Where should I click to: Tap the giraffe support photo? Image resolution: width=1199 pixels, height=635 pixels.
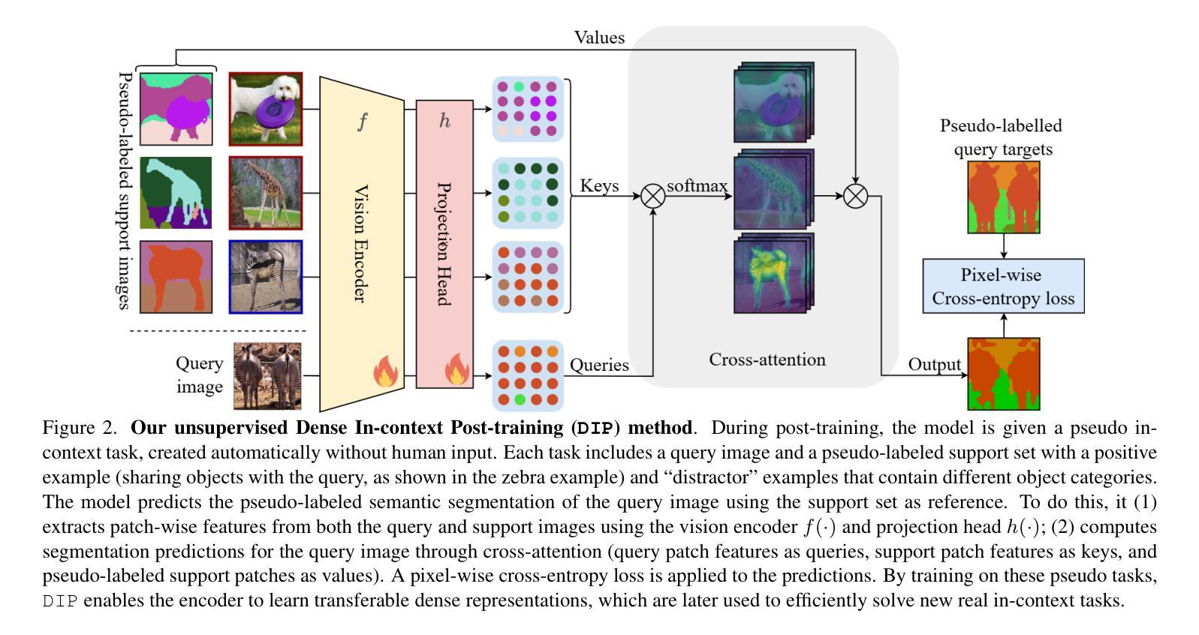tap(266, 193)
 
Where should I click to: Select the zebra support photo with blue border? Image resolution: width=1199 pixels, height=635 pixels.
tap(266, 276)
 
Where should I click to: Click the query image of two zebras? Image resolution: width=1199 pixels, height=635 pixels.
tap(267, 376)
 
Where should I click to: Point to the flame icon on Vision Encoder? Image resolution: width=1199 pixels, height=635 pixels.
tap(385, 371)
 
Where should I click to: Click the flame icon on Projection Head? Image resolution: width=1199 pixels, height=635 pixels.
tap(456, 369)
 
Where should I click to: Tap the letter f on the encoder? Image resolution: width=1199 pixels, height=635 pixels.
tap(363, 122)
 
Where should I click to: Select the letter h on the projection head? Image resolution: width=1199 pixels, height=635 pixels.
tap(444, 121)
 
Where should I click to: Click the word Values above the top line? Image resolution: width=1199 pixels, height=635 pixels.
tap(599, 38)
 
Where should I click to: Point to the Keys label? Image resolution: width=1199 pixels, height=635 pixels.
tap(599, 185)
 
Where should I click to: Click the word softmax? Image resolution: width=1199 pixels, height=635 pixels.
tap(697, 185)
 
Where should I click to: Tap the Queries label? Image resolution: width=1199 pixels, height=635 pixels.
tap(599, 365)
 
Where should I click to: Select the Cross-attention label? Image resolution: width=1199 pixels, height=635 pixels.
tap(767, 360)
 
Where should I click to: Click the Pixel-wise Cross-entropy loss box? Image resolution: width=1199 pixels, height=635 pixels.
tap(1003, 286)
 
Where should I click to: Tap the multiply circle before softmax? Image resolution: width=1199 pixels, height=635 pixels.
tap(653, 197)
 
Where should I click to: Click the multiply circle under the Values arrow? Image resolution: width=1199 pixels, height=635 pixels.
tap(855, 197)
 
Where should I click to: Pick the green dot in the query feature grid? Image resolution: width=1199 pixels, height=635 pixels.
tap(520, 399)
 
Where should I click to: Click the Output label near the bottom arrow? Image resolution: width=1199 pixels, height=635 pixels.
tap(935, 364)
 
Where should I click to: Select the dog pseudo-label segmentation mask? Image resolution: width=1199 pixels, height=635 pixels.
tap(176, 109)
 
